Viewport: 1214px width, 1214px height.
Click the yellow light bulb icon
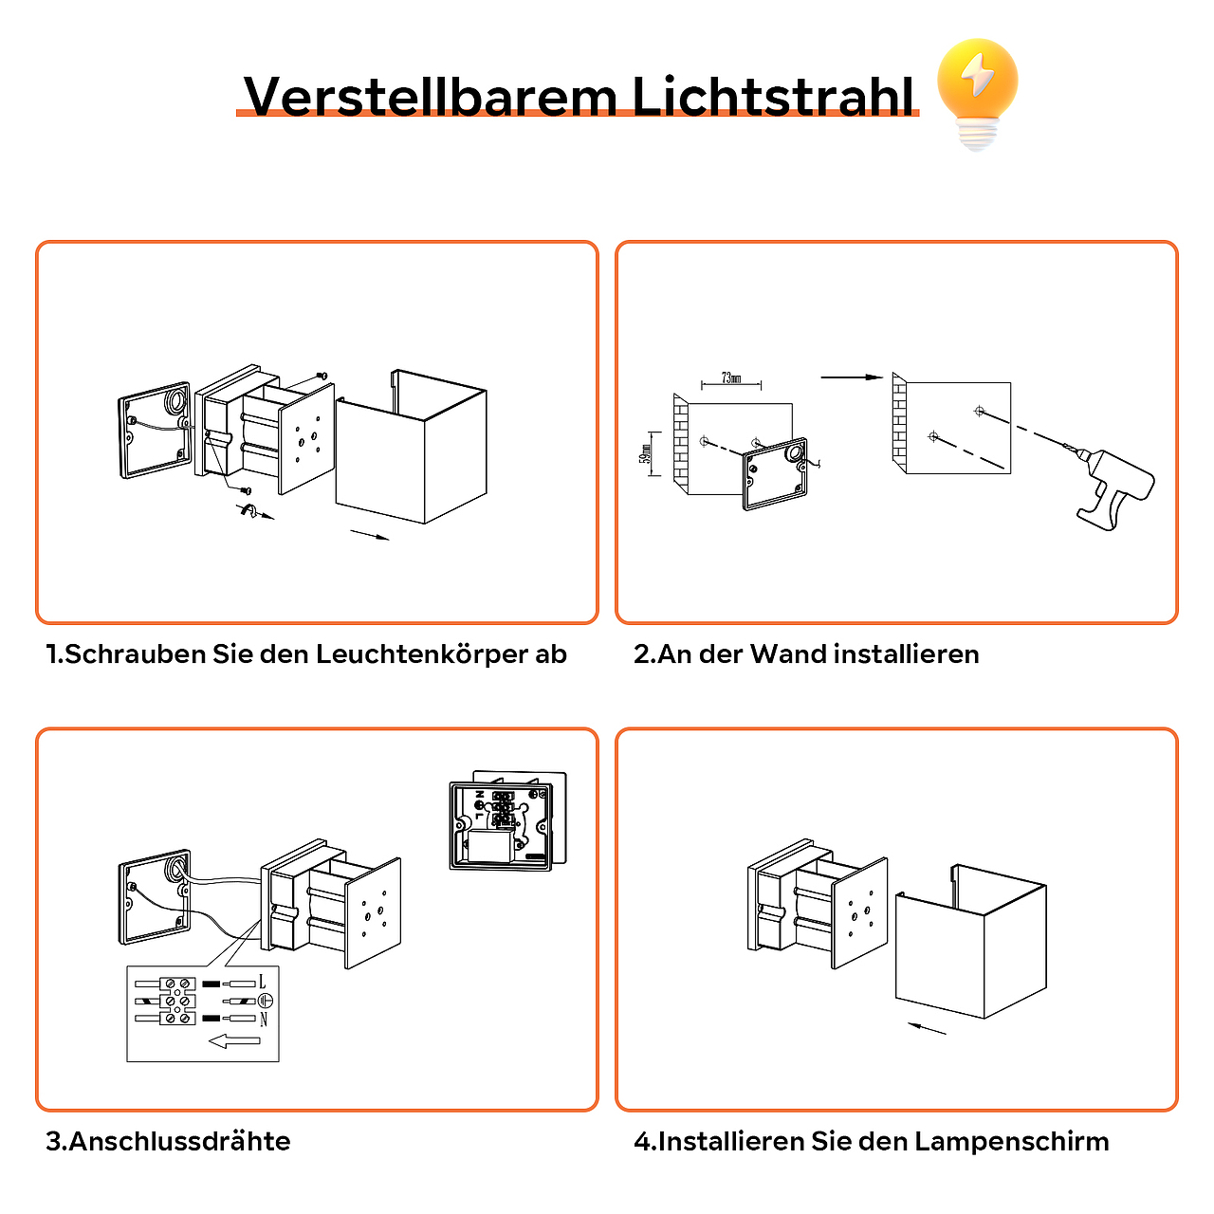[x=977, y=95]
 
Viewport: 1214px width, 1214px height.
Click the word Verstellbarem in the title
[x=431, y=96]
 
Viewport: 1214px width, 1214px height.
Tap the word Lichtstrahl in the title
[x=772, y=96]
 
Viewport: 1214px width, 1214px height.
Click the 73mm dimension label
[x=731, y=378]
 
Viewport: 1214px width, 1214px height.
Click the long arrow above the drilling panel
[x=852, y=377]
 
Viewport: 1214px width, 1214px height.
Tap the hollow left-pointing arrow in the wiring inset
[x=233, y=1040]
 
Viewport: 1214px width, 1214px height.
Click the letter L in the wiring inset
[x=262, y=982]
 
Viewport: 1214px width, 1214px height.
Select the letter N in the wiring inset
[x=264, y=1019]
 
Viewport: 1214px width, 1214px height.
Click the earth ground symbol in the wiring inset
[x=266, y=1000]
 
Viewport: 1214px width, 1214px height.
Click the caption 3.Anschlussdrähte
[x=168, y=1142]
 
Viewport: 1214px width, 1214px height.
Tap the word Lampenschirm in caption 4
[x=1012, y=1142]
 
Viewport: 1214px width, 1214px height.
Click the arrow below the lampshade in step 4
[x=927, y=1028]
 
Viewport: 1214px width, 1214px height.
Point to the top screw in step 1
[x=322, y=377]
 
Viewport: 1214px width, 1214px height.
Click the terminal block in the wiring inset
[x=177, y=1001]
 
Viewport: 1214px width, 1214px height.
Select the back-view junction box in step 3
[x=507, y=820]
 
